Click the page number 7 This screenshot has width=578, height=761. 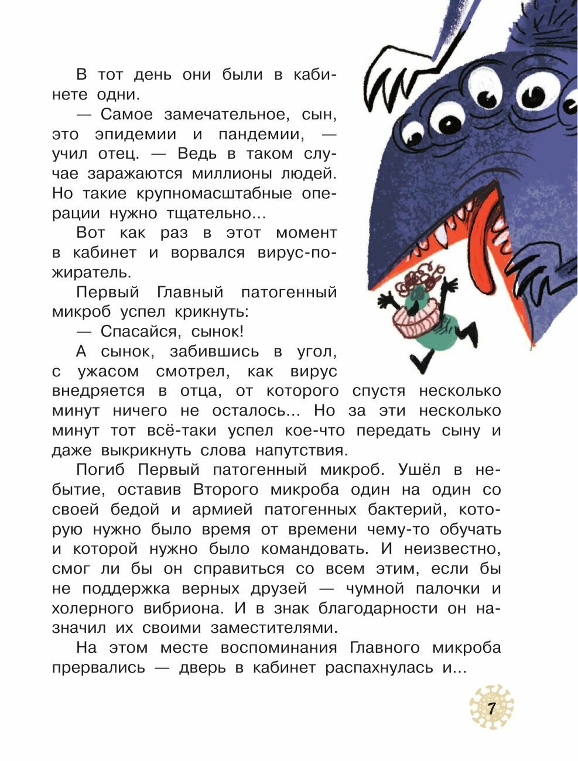(x=491, y=708)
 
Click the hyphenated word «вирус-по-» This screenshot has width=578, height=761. (x=297, y=253)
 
